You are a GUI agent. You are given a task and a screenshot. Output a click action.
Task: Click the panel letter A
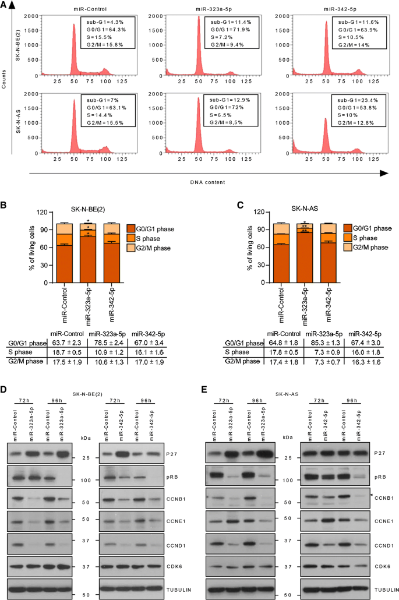5,5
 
